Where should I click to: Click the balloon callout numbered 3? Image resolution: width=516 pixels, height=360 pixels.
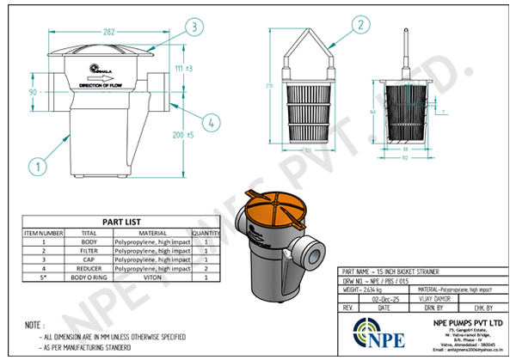click(196, 27)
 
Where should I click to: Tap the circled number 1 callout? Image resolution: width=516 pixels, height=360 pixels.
click(36, 163)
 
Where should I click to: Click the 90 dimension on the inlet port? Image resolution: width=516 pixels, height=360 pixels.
click(33, 90)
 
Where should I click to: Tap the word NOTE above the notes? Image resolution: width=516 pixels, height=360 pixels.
click(33, 326)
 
